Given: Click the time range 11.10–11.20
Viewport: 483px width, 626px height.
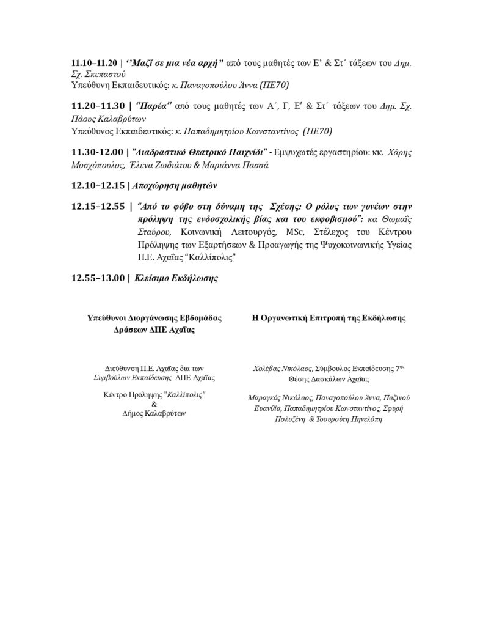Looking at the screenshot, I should point(95,63).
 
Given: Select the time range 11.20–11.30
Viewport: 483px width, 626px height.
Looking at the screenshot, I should point(95,106).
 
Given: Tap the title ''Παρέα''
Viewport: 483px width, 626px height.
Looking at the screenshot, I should point(149,106).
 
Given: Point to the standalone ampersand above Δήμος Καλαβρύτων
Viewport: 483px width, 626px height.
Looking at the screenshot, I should point(153,404).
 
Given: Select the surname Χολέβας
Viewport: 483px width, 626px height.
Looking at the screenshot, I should point(269,369).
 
